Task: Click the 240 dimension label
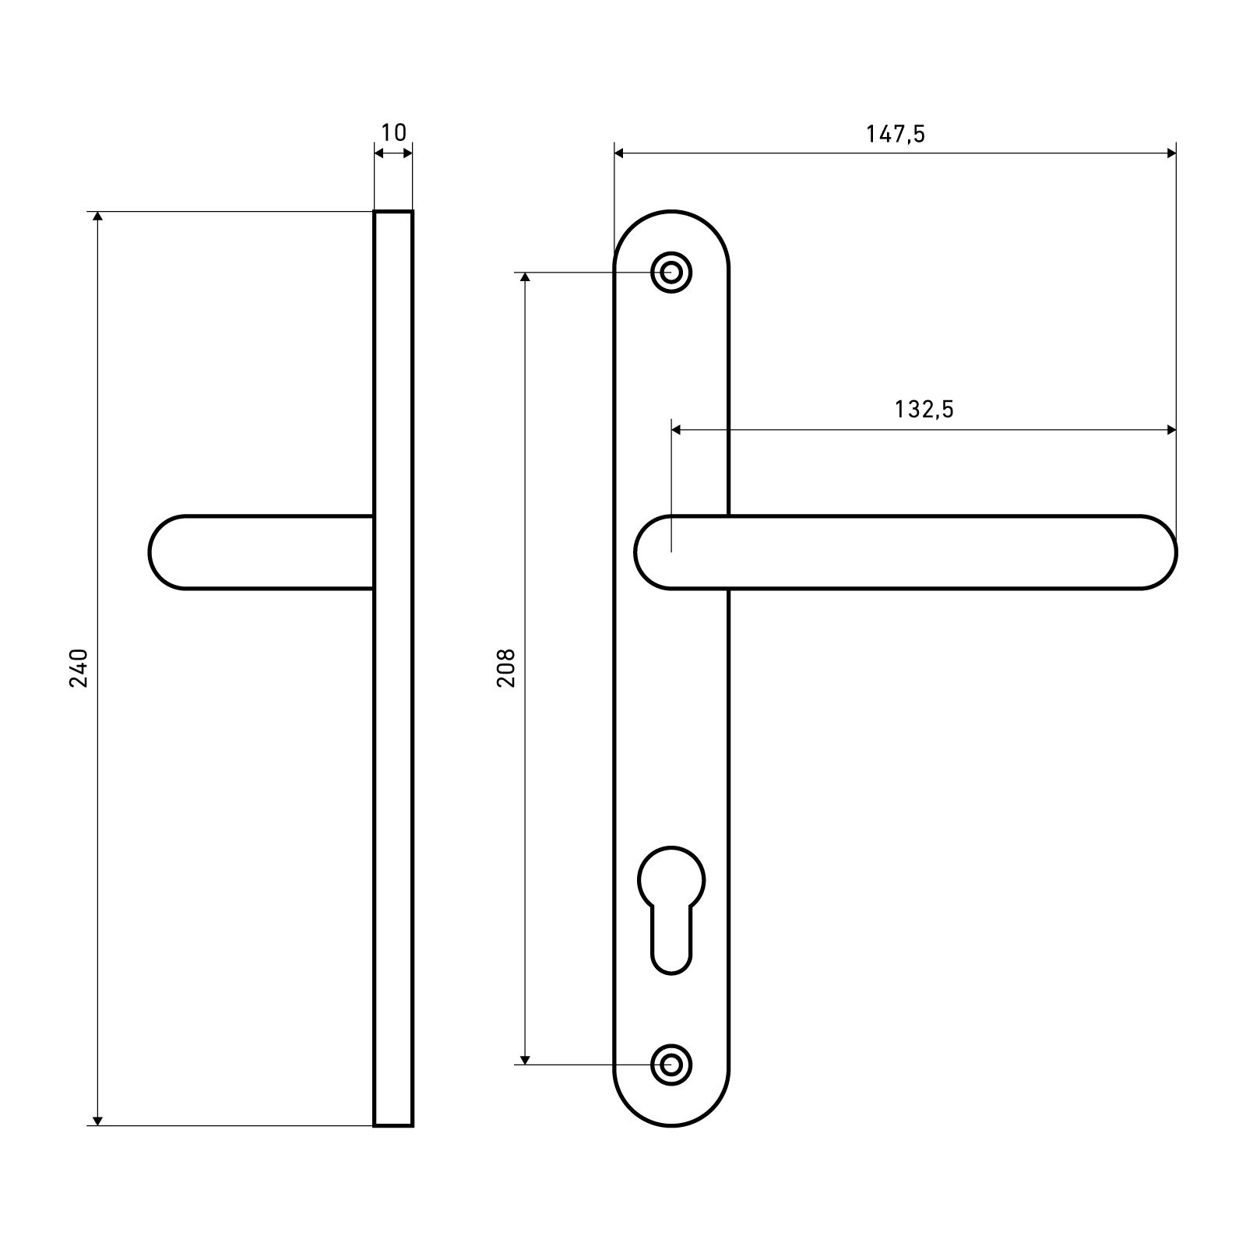click(x=80, y=667)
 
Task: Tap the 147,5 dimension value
click(x=896, y=135)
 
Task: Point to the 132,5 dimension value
click(x=924, y=409)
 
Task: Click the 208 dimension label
click(x=507, y=667)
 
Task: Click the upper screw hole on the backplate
click(x=671, y=273)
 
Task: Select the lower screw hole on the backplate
click(x=671, y=1063)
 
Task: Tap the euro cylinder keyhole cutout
click(x=671, y=910)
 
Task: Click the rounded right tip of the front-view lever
click(x=1175, y=553)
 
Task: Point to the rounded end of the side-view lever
click(x=150, y=553)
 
